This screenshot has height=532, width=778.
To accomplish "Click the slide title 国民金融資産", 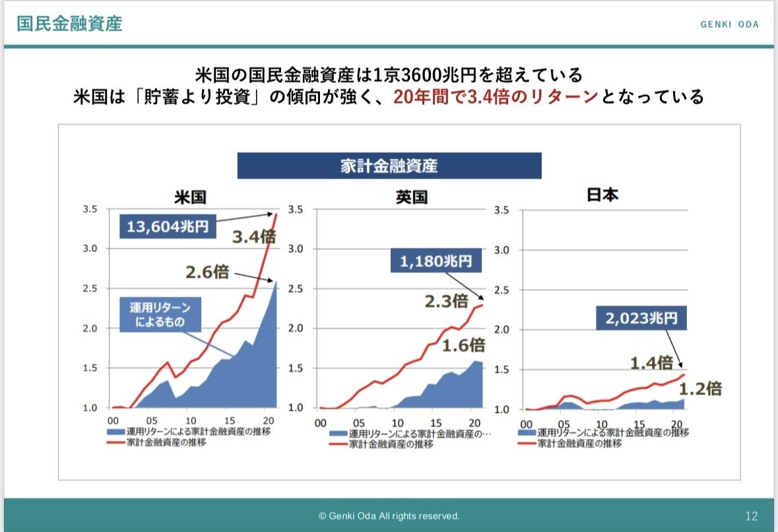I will (69, 24).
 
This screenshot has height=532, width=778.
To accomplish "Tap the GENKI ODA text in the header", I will (729, 24).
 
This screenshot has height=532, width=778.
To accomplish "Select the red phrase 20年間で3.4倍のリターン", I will (496, 98).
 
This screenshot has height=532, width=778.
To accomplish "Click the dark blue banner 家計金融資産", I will (389, 165).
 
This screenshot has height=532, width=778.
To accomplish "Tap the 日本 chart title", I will (602, 196).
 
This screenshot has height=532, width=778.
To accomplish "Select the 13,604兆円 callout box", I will (167, 227).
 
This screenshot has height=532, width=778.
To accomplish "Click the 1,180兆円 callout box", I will (436, 262).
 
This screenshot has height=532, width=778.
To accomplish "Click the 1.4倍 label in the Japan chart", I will (651, 362).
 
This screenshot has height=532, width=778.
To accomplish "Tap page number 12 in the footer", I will (751, 516).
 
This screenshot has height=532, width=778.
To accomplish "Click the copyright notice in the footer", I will (389, 516).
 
